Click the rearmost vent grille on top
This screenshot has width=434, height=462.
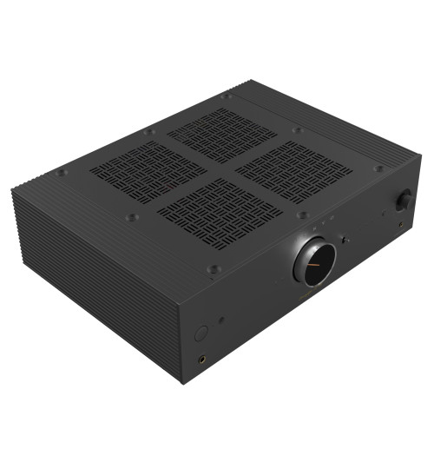click(221, 134)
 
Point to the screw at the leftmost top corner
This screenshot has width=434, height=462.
click(60, 173)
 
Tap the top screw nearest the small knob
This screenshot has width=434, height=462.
click(378, 168)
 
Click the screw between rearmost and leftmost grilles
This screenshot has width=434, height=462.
click(150, 131)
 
